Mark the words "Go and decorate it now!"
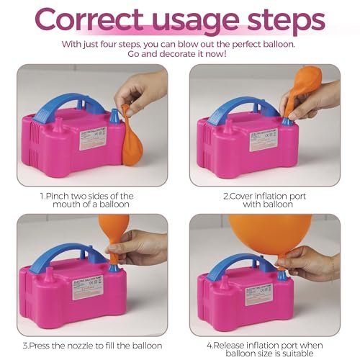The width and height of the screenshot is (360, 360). click(180, 54)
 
